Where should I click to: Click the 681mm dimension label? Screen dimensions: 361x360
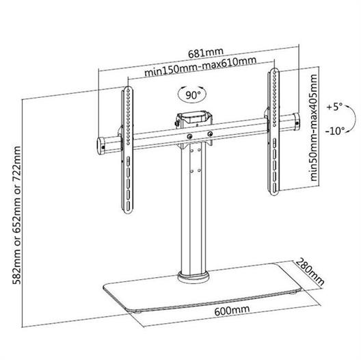[206, 53]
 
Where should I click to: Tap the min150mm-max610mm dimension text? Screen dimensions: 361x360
[200, 66]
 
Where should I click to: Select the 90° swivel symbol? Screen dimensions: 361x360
[192, 94]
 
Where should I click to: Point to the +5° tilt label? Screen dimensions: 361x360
[334, 107]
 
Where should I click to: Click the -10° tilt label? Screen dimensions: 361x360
[335, 131]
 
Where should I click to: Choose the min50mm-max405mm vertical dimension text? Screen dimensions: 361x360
[313, 127]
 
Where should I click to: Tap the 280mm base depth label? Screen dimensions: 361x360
[310, 272]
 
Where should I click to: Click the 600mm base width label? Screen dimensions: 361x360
[232, 311]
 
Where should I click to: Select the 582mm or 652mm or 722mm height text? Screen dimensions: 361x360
[16, 216]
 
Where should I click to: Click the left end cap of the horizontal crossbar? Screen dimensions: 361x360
[101, 146]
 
